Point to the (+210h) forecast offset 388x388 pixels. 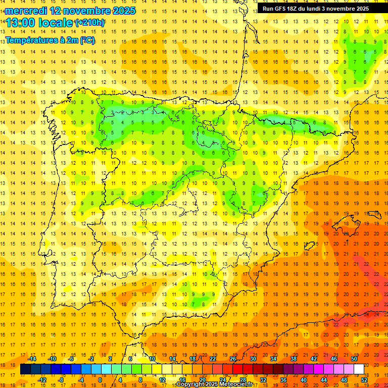[89, 23]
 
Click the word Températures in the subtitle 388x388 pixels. [29, 40]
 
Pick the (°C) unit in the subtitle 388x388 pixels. [86, 40]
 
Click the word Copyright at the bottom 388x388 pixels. [191, 384]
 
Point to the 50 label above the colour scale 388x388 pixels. [354, 359]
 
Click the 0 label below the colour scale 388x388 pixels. [101, 380]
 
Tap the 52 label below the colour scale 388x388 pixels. [364, 380]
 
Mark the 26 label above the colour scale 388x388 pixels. [233, 359]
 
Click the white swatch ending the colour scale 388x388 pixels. [359, 369]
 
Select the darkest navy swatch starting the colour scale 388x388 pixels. [25, 369]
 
